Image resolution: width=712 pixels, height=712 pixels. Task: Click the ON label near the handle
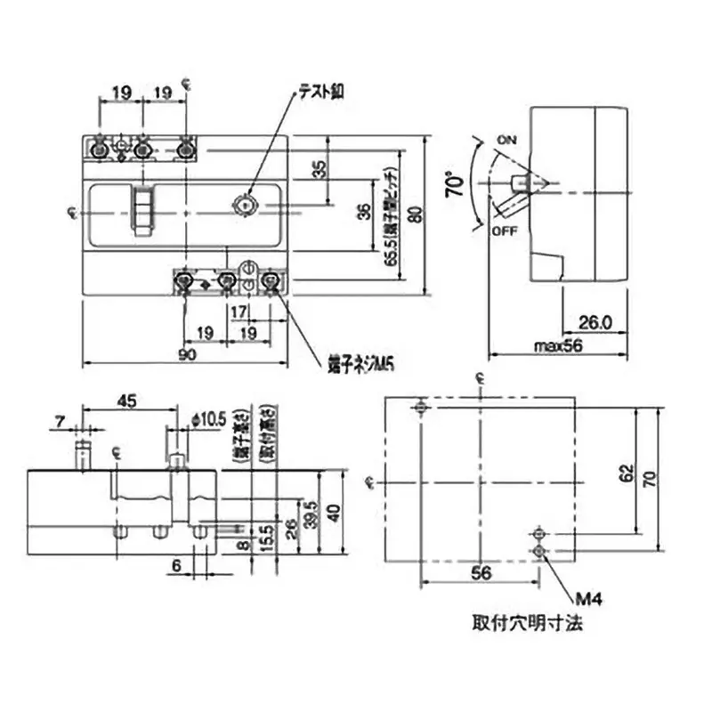(x=507, y=141)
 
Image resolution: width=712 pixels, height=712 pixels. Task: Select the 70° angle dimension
(x=456, y=185)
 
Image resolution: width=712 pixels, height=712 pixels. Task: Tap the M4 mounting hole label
(x=591, y=601)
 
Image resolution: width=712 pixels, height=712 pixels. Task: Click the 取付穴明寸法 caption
(x=527, y=624)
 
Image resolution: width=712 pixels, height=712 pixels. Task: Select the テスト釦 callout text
(x=320, y=91)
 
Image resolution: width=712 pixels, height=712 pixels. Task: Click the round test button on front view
(x=243, y=204)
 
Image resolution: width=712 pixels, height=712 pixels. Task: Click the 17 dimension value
(x=238, y=312)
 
